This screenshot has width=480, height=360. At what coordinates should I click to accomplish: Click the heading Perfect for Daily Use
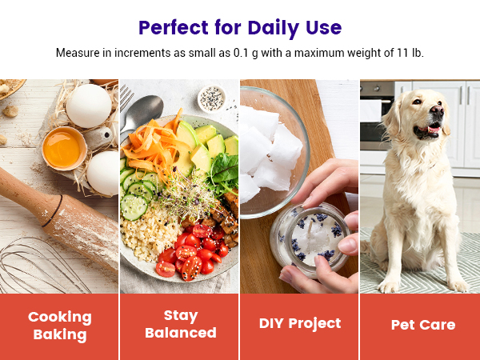click(240, 27)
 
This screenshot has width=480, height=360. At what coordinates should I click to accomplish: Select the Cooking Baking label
click(60, 326)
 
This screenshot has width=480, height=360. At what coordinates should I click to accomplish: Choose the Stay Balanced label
click(180, 324)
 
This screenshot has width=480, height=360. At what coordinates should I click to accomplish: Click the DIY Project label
click(300, 323)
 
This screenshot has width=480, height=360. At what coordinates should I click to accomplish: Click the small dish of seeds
click(211, 98)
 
